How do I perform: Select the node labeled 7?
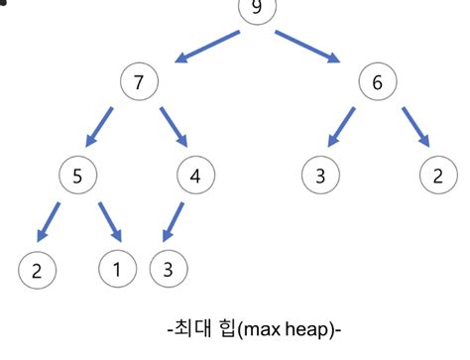pos(139,83)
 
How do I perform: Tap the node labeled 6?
pos(377,83)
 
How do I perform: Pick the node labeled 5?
pos(77,177)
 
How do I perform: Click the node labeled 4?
pos(195,177)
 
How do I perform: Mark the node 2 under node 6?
pos(437,177)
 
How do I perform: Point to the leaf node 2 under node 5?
pos(38,269)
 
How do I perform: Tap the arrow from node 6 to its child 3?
pos(342,126)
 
